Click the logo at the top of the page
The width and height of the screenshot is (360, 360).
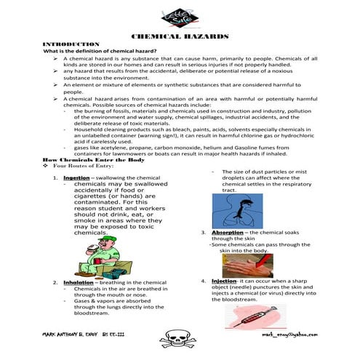[x=180, y=17]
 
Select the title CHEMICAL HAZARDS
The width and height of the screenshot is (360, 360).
[x=180, y=36]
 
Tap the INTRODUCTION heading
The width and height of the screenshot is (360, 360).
[x=71, y=44]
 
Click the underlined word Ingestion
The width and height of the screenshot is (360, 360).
[x=76, y=177]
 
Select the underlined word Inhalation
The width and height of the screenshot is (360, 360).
[x=78, y=282]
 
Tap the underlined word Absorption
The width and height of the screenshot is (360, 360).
[x=227, y=232]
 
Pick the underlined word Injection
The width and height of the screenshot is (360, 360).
[x=223, y=280]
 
